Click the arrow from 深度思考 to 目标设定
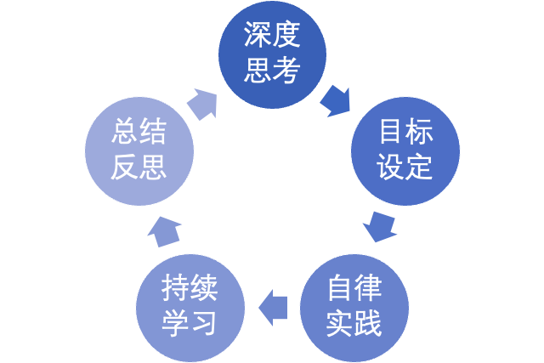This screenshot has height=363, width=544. [x=337, y=101]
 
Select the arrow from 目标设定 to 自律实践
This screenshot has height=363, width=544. [x=379, y=227]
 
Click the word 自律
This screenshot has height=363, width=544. [x=354, y=289]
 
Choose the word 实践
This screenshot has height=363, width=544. [x=354, y=323]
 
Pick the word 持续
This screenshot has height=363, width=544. [x=190, y=289]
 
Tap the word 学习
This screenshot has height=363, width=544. [x=190, y=323]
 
